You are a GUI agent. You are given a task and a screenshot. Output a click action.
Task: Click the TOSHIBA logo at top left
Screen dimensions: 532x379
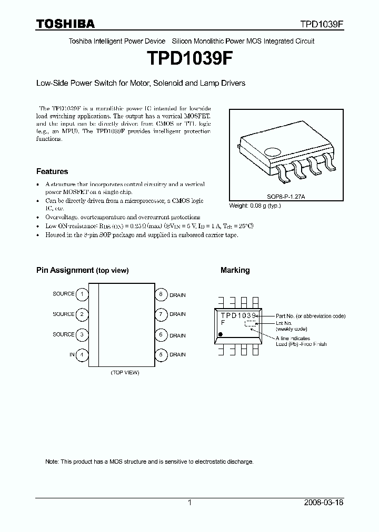coord(65,24)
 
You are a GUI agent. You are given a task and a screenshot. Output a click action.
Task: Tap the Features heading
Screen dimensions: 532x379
coord(52,171)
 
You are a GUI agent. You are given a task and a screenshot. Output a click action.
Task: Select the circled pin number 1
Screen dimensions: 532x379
coord(82,294)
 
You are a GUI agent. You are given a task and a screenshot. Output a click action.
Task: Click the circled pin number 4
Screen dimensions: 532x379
coord(82,355)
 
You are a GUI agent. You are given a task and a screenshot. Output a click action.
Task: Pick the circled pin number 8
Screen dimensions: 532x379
coord(161,294)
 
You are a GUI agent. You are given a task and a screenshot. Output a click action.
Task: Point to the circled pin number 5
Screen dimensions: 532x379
coord(161,355)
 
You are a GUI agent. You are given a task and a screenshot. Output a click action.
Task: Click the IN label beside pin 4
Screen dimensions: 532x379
coord(72,355)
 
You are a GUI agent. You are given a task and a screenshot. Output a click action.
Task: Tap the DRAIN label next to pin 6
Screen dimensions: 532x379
coord(177,335)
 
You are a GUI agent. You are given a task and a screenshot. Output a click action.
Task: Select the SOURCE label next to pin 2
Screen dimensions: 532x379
coord(64,314)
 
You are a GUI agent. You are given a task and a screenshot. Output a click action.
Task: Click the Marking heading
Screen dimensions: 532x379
coord(235,270)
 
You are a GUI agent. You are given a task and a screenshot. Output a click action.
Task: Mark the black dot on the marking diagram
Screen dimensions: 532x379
coord(221,334)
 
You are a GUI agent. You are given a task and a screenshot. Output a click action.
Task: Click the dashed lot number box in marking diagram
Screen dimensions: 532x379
coord(251,324)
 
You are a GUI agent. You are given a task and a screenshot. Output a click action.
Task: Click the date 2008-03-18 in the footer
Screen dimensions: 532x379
coord(324,503)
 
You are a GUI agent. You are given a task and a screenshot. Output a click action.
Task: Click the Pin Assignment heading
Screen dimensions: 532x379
coord(82,270)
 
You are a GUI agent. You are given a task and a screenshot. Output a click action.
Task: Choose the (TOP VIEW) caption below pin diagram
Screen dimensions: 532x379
coord(125,372)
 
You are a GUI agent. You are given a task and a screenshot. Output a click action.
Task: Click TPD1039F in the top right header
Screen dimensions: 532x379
coord(322,24)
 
